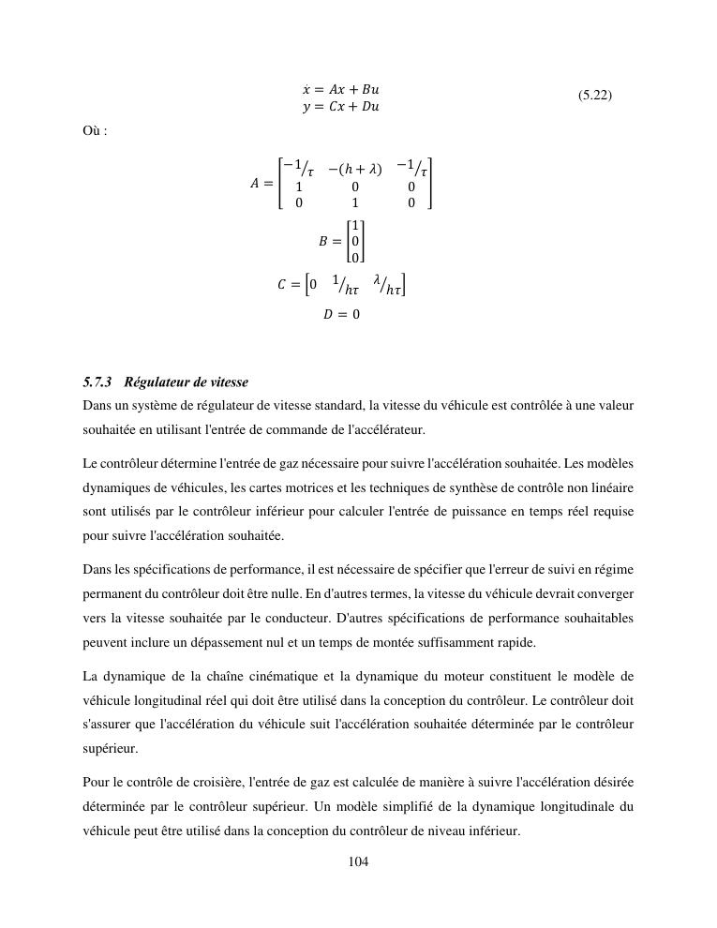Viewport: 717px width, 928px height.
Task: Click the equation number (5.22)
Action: [595, 96]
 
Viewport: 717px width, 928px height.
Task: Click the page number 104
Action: [358, 862]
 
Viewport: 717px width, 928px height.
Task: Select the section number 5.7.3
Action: [97, 382]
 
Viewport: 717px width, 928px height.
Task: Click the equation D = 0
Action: [342, 315]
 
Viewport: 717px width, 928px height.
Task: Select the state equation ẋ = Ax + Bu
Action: [340, 90]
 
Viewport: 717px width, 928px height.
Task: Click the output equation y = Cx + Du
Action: [340, 107]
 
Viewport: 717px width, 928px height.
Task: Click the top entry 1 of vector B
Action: [355, 226]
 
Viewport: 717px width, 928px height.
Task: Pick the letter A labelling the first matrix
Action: [255, 185]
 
